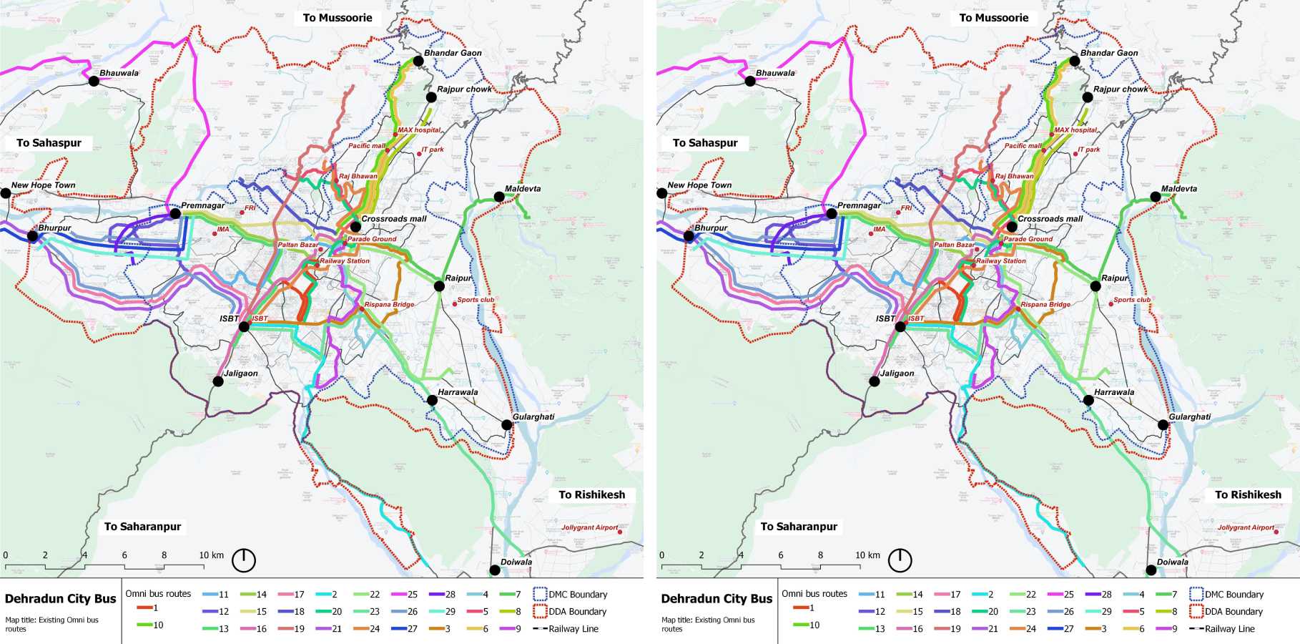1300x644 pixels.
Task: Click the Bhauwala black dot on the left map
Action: coord(94,81)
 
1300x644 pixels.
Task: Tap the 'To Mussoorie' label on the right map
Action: coord(993,18)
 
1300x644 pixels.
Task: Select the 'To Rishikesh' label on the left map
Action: coord(591,494)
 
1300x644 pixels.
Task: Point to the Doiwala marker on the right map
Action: coord(1151,570)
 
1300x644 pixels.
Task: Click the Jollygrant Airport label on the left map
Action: coord(589,527)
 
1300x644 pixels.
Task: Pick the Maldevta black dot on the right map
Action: coord(1155,197)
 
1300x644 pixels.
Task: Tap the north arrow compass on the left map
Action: coord(244,560)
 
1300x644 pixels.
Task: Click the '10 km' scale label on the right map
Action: coord(867,555)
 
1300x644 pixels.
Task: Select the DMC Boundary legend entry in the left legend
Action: coord(570,595)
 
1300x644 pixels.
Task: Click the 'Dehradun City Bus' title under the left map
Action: coord(60,599)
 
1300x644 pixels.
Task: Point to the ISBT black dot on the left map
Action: coord(244,326)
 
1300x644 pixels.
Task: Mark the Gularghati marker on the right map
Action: coord(1163,425)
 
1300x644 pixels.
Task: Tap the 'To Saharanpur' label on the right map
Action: coord(799,527)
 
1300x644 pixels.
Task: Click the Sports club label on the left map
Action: coord(476,300)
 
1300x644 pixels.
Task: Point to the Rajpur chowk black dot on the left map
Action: coord(431,97)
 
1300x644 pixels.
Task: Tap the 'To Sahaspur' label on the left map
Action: coord(49,143)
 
